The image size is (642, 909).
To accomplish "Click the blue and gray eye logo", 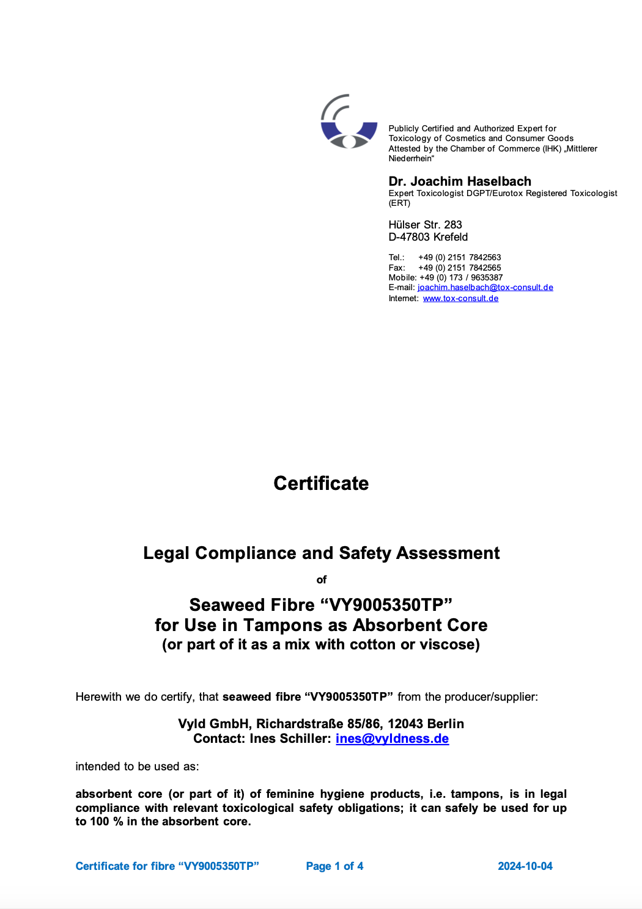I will (x=349, y=122).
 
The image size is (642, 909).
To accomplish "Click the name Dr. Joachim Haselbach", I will (x=460, y=181).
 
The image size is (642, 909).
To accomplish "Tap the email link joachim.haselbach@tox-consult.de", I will (x=485, y=288).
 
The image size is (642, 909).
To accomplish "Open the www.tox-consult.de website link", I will (x=460, y=299).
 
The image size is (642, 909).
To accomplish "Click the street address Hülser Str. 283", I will (x=425, y=225).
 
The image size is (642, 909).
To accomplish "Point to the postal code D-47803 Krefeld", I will (x=428, y=237).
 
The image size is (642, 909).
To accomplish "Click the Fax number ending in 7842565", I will (x=459, y=268).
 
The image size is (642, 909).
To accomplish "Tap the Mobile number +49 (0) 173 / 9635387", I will (x=460, y=277).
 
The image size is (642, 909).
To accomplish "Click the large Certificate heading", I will (x=321, y=483).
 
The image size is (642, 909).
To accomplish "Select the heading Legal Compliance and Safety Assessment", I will (x=321, y=553).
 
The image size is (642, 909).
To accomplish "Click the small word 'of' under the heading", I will (x=322, y=580).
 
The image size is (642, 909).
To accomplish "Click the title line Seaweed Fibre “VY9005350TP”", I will (x=321, y=605).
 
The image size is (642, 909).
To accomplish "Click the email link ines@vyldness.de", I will (x=392, y=739).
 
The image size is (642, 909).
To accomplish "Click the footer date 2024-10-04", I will (x=525, y=866).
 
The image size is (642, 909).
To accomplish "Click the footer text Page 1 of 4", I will (x=334, y=866).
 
